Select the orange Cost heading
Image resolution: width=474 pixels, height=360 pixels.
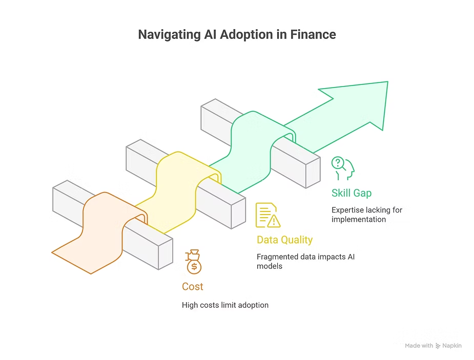pyautogui.click(x=193, y=287)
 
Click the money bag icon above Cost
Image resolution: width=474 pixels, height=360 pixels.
pyautogui.click(x=194, y=261)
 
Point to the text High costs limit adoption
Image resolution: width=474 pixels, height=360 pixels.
pyautogui.click(x=225, y=305)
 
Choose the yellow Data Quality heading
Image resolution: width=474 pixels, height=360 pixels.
pyautogui.click(x=284, y=240)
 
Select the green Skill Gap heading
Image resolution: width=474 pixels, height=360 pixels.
pyautogui.click(x=351, y=193)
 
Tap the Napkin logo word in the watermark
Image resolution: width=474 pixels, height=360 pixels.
pyautogui.click(x=452, y=346)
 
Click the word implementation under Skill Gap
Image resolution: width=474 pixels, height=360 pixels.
pyautogui.click(x=358, y=219)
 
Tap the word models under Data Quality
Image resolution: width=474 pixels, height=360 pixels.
pyautogui.click(x=270, y=266)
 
